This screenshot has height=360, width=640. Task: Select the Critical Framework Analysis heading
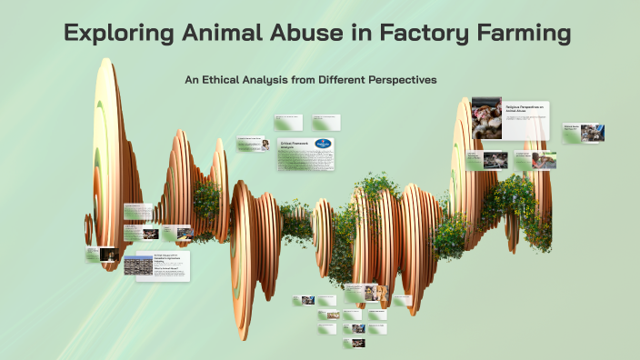pyautogui.click(x=294, y=144)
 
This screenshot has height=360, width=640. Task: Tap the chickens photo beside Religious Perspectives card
pyautogui.click(x=486, y=118)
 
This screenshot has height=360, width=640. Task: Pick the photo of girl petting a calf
pyautogui.click(x=545, y=161)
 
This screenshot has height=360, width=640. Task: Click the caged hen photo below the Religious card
pyautogui.click(x=495, y=161)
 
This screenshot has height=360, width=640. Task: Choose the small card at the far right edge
pyautogui.click(x=584, y=133)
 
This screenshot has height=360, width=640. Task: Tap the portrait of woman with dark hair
pyautogui.click(x=265, y=145)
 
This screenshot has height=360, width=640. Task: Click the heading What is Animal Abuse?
pyautogui.click(x=165, y=269)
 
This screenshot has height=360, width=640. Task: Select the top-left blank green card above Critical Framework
pyautogui.click(x=288, y=122)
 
